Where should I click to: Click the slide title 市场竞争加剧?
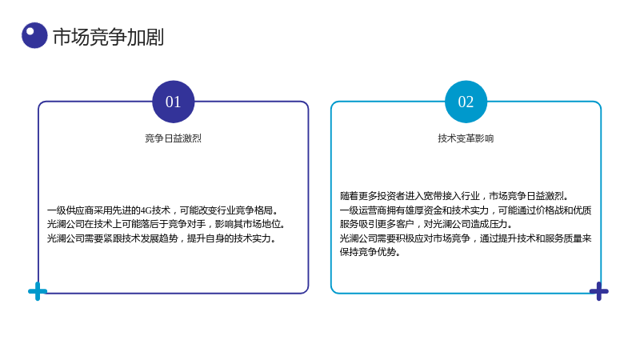pos(108,37)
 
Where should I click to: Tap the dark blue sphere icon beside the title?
pos(34,35)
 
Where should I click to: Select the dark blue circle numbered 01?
pos(173,102)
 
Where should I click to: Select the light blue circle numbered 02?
pos(466,102)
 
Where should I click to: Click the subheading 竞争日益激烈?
pos(173,138)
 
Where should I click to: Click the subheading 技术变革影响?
pos(466,138)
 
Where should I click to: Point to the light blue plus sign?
pos(38,291)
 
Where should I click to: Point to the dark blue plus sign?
pos(598,291)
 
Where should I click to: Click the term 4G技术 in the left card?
pos(155,210)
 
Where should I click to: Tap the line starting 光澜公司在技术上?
pos(166,224)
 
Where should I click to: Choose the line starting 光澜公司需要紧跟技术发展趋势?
pos(162,238)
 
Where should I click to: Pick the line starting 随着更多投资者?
pos(454,196)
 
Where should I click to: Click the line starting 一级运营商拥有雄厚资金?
pos(466,210)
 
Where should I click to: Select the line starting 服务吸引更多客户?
pos(426,224)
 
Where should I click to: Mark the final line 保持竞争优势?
pos(370,252)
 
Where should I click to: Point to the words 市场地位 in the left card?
pos(262,224)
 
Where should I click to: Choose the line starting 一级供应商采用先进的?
pos(163,210)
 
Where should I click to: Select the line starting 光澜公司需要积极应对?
pos(466,238)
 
